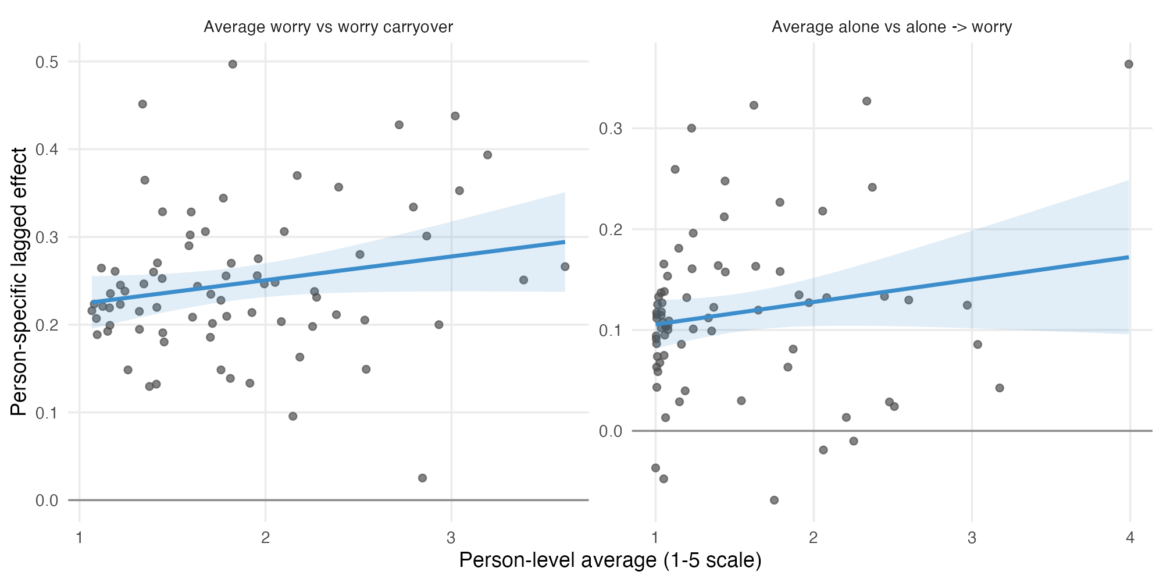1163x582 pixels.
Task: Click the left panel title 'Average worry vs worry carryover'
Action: pyautogui.click(x=328, y=27)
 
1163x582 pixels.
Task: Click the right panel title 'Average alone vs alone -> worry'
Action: pyautogui.click(x=891, y=27)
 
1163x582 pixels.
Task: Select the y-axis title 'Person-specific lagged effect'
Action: pyautogui.click(x=19, y=282)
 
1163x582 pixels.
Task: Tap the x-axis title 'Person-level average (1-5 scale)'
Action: pyautogui.click(x=610, y=560)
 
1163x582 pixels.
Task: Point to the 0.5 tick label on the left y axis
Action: pyautogui.click(x=47, y=62)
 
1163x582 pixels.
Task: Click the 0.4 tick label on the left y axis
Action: pyautogui.click(x=47, y=150)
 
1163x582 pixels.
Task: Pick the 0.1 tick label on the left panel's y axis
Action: pyautogui.click(x=47, y=413)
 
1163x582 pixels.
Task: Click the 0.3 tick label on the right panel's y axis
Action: pyautogui.click(x=611, y=128)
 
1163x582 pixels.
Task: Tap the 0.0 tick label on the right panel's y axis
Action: pyautogui.click(x=611, y=431)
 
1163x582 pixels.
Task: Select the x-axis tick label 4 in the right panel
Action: pyautogui.click(x=1130, y=537)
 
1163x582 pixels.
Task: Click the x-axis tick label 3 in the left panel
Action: pyautogui.click(x=451, y=537)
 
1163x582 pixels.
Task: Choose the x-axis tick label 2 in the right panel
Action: pyautogui.click(x=814, y=537)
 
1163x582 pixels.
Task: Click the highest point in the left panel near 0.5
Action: pyautogui.click(x=233, y=64)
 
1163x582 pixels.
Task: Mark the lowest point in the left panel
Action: pyautogui.click(x=422, y=478)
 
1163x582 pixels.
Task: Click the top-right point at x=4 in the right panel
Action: pyautogui.click(x=1129, y=64)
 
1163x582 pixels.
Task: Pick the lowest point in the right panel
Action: pyautogui.click(x=774, y=500)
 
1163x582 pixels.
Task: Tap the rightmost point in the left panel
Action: pyautogui.click(x=565, y=267)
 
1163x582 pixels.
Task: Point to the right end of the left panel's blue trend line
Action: pyautogui.click(x=565, y=242)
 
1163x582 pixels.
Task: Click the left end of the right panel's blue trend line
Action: pyautogui.click(x=656, y=324)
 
